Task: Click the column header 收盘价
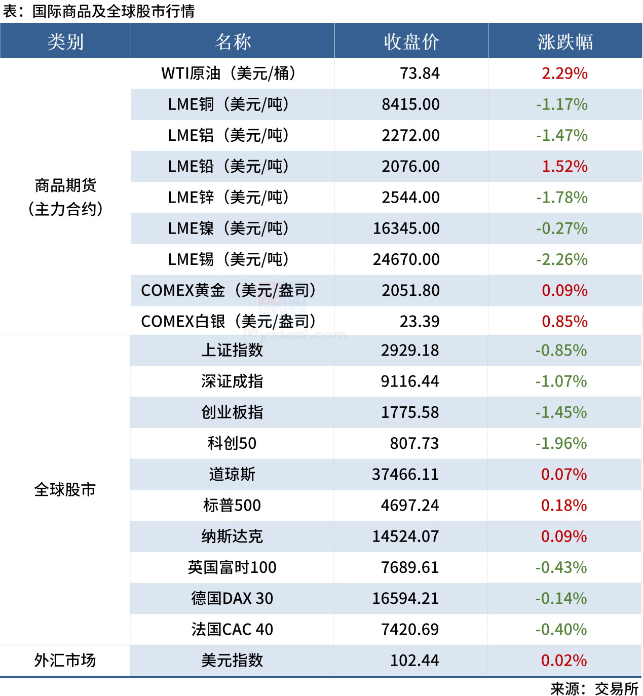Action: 411,42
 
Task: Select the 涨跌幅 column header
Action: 565,42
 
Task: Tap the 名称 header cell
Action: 233,42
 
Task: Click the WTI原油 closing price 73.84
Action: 420,73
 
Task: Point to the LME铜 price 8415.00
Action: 410,104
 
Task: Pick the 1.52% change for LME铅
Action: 564,166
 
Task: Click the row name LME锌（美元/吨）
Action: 228,197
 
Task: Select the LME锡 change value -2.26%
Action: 562,259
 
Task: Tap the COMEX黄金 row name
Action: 228,290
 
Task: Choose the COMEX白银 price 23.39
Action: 420,321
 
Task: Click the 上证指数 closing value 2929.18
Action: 410,350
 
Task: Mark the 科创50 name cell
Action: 232,443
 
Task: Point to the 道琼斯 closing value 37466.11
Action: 405,474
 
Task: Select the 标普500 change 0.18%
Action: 563,505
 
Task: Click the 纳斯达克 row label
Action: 232,536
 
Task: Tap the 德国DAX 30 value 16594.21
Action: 405,598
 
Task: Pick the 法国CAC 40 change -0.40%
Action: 561,629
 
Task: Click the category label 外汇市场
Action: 65,660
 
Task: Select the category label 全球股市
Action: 65,489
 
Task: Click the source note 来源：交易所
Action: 594,688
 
